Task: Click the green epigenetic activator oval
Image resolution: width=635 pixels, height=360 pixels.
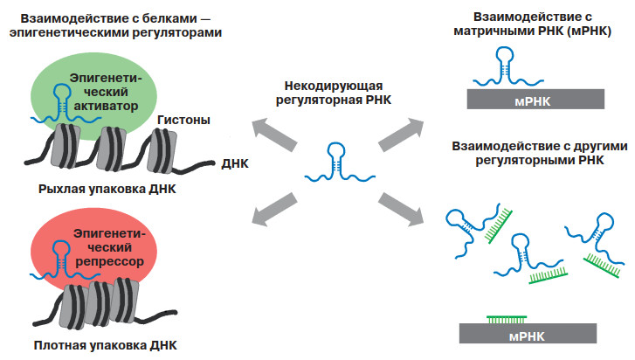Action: (131, 83)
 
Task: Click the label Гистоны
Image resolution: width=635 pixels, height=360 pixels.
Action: (186, 120)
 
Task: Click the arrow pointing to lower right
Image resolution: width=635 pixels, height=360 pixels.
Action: (402, 207)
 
